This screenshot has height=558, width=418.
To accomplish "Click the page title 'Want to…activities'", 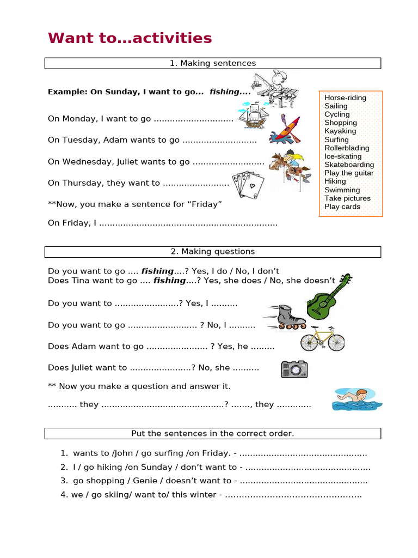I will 130,38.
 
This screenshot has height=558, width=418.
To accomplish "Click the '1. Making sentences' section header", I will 212,64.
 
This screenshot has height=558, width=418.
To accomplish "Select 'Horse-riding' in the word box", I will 345,98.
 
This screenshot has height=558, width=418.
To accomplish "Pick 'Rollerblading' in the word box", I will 347,148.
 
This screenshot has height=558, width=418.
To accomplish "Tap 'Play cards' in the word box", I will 342,207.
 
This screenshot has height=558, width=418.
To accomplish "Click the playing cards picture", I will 247,184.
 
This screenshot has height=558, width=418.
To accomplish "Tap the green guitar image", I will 329,296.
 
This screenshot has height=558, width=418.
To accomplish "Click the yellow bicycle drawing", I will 323,338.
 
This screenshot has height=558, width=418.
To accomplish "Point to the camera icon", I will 294,369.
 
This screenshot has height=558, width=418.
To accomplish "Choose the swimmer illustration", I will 357,399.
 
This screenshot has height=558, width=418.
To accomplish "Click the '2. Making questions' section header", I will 212,252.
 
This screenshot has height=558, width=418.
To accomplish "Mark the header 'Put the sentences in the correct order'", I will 212,434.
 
